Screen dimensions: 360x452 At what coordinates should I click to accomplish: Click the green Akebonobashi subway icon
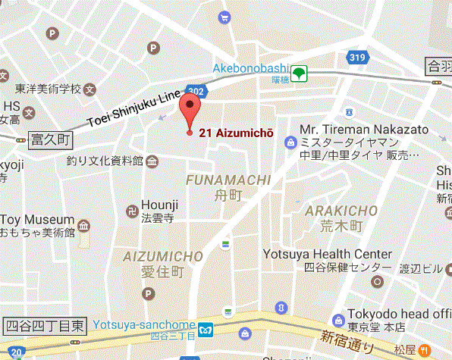pyautogui.click(x=301, y=74)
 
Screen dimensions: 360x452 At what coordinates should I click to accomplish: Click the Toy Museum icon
pyautogui.click(x=83, y=225)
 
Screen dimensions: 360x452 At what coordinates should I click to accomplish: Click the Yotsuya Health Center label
pyautogui.click(x=328, y=255)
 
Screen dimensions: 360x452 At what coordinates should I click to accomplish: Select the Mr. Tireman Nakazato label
pyautogui.click(x=364, y=130)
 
